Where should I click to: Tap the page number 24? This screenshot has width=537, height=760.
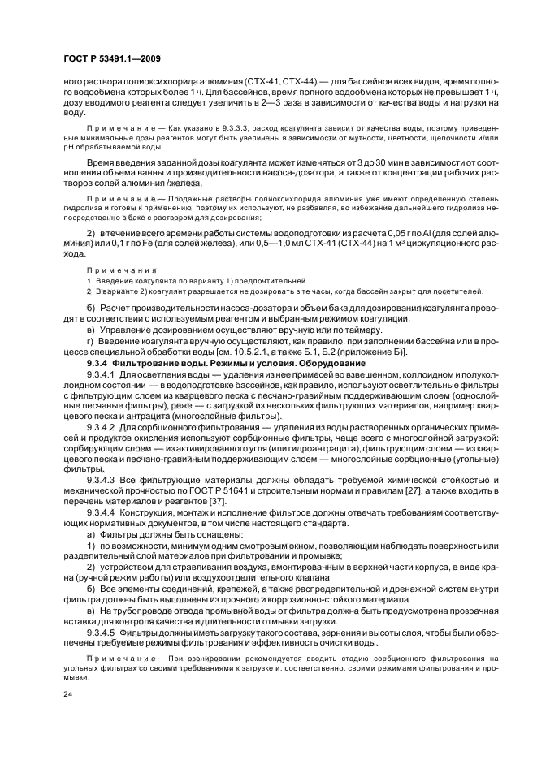tap(67, 695)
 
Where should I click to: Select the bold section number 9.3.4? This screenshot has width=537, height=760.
tap(100, 364)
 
